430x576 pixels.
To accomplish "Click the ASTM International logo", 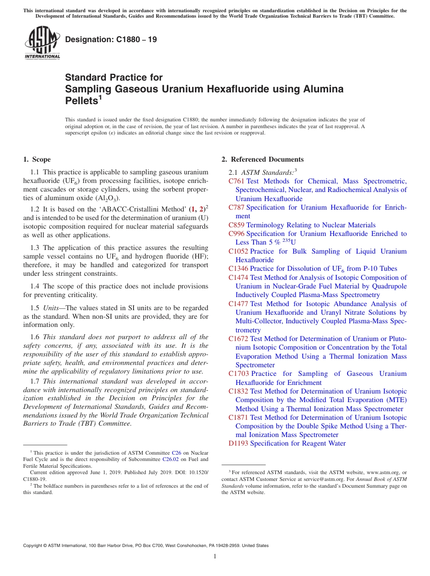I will pos(42,43).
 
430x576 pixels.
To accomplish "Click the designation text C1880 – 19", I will pos(111,39).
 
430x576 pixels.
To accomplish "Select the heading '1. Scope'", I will pos(37,159).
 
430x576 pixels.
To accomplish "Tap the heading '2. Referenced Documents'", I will pos(263,159).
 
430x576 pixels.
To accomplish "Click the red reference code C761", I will pos(236,181).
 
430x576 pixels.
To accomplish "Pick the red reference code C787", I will pos(236,207).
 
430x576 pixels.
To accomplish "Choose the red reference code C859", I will pos(236,225).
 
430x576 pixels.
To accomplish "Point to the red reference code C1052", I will pos(238,251).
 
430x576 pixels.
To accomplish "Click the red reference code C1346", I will pos(238,269).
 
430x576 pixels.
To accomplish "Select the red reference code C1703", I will pos(238,374).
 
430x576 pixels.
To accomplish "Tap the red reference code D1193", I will pos(238,443).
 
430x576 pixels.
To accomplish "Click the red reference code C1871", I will pos(238,418).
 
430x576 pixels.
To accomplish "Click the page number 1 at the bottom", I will pos(215,557).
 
